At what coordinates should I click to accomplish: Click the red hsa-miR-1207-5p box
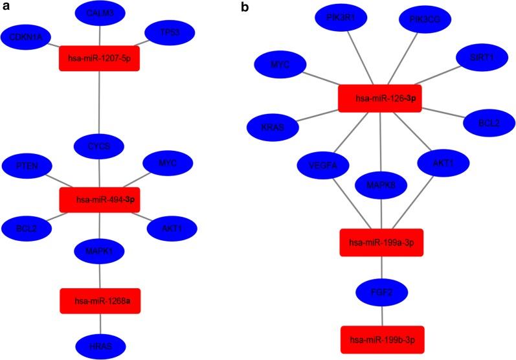pyautogui.click(x=99, y=58)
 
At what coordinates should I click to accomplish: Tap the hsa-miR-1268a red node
pyautogui.click(x=99, y=300)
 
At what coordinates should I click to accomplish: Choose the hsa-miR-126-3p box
pyautogui.click(x=380, y=98)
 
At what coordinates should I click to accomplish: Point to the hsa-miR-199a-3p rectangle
pyautogui.click(x=381, y=242)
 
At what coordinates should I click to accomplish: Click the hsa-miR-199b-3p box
pyautogui.click(x=382, y=339)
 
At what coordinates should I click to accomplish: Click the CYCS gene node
pyautogui.click(x=99, y=146)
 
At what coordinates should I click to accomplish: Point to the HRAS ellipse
pyautogui.click(x=99, y=345)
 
